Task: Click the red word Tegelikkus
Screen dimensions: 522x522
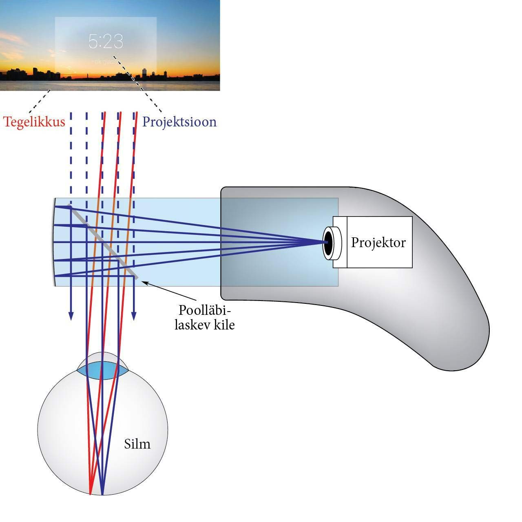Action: [34, 122]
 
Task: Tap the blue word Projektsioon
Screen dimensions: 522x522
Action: [179, 122]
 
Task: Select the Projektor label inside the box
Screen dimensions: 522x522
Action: [378, 242]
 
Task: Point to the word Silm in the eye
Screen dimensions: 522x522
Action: [137, 443]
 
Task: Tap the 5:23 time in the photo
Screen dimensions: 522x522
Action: [106, 42]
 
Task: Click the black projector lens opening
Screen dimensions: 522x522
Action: [328, 243]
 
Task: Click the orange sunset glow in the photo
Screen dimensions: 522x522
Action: [33, 65]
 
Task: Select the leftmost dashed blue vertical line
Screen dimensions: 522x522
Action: [71, 155]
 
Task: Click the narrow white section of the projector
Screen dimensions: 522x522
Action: [340, 242]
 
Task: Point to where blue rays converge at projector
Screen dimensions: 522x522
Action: [322, 243]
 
